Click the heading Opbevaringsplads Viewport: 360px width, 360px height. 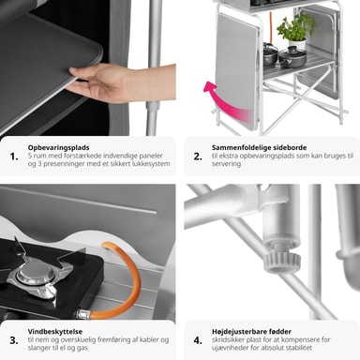(x=58, y=147)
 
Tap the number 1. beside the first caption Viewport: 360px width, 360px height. (x=14, y=157)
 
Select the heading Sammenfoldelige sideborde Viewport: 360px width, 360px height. (x=259, y=147)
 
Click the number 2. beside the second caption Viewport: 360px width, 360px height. (x=198, y=157)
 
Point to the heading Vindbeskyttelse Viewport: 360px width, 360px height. (x=55, y=331)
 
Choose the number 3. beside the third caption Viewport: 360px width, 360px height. (x=14, y=340)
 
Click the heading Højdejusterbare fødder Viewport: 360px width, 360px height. (x=251, y=331)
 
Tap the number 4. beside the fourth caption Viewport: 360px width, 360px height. (x=198, y=340)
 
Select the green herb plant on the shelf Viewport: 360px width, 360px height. (x=295, y=27)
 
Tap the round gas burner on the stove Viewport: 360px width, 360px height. (x=34, y=275)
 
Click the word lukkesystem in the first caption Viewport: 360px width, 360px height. (x=154, y=164)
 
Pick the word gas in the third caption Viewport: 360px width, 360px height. (x=82, y=348)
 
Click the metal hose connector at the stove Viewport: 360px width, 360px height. (x=83, y=313)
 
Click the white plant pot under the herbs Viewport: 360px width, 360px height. (x=297, y=44)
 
